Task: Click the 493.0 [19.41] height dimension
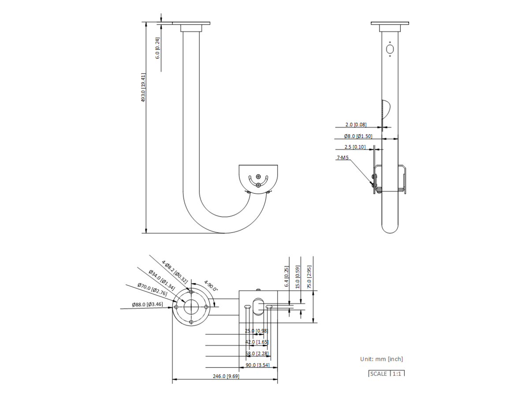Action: coord(143,87)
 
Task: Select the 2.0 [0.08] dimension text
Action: coord(356,125)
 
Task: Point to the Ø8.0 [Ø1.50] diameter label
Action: coord(358,136)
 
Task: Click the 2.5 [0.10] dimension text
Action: coord(355,147)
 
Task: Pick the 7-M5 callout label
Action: coord(343,157)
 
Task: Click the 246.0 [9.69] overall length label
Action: coord(226,376)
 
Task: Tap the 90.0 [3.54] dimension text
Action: coord(257,365)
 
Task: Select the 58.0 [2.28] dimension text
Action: coord(257,353)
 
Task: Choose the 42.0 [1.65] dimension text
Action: coord(257,342)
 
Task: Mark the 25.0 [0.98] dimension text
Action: coord(257,331)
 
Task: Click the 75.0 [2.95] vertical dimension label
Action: coord(309,277)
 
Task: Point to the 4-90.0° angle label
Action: coord(211,285)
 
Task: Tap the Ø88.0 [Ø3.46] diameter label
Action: coord(147,304)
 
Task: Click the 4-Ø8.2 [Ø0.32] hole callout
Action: coord(175,272)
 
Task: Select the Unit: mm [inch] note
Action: coord(381,359)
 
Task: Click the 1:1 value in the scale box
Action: coord(397,374)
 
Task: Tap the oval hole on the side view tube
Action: coord(390,49)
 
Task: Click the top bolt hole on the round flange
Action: coord(191,292)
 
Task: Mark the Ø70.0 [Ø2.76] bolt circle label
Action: coord(152,289)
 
